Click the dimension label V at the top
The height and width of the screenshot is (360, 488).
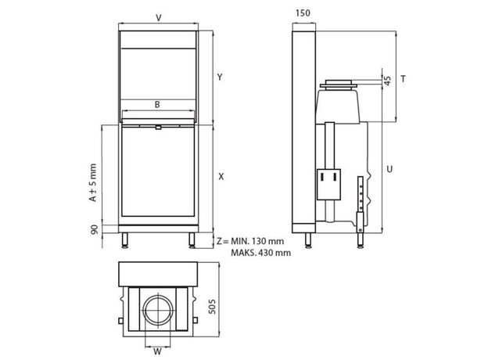[x=159, y=18]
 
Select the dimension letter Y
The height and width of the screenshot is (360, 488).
[x=220, y=77]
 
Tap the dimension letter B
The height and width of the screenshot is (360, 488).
[x=157, y=105]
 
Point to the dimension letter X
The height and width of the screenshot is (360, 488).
[x=221, y=177]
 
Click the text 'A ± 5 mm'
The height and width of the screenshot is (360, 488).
[x=93, y=183]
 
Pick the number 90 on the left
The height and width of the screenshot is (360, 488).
[x=95, y=229]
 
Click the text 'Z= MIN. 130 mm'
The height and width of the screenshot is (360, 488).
[x=250, y=241]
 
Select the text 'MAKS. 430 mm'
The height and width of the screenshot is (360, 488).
[x=260, y=253]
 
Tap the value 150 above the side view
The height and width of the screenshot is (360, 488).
[x=303, y=13]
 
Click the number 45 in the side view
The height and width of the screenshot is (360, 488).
[x=387, y=81]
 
